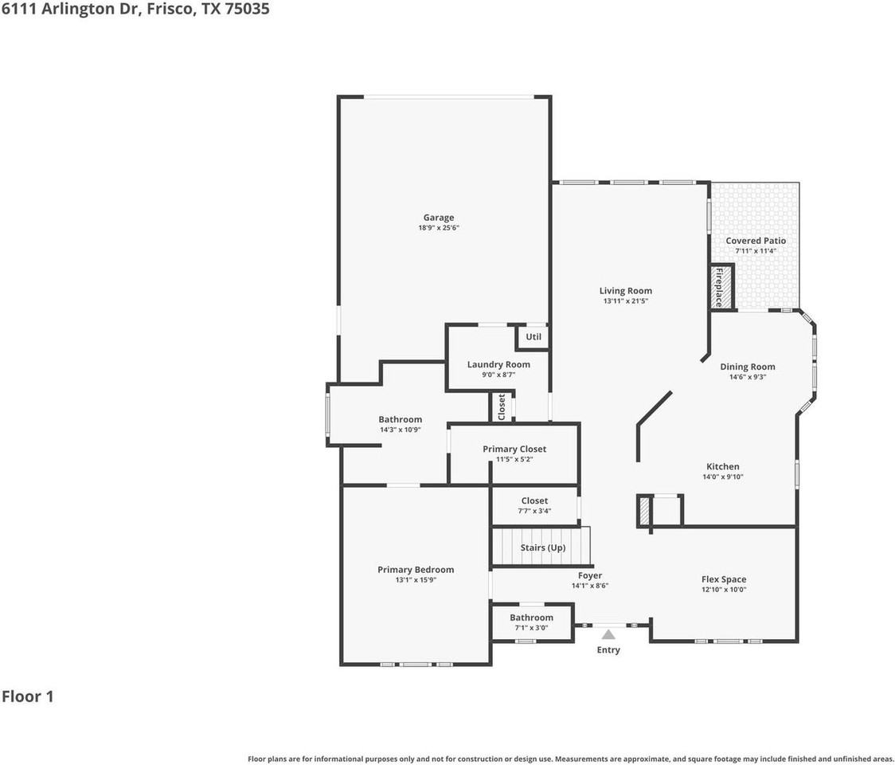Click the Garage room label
[439, 218]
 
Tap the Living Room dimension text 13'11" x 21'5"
[626, 301]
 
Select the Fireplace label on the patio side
[719, 287]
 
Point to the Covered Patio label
[756, 241]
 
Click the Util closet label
[533, 337]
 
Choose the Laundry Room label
[498, 364]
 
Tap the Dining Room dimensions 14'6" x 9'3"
[748, 378]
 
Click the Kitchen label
[723, 467]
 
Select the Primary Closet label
[514, 449]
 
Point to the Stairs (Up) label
[543, 548]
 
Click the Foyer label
[590, 575]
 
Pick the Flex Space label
[724, 579]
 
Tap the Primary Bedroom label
[416, 570]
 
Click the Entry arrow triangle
[608, 634]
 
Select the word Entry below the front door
[608, 650]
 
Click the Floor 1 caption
[28, 696]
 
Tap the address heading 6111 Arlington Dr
[72, 10]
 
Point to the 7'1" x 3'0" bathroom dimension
[531, 628]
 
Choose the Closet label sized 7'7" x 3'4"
[535, 501]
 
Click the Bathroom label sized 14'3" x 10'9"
[401, 419]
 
